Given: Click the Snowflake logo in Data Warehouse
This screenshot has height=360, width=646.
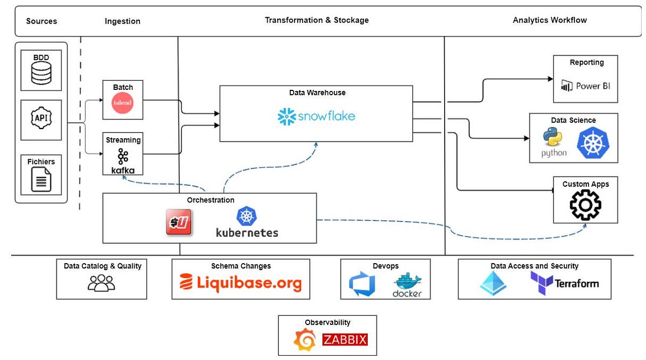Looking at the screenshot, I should tap(316, 116).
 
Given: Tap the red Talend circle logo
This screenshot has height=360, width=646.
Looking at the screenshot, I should tap(122, 103).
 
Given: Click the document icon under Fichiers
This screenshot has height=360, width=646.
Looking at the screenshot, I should tap(41, 180).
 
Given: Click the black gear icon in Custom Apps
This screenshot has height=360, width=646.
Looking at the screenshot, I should tap(585, 205).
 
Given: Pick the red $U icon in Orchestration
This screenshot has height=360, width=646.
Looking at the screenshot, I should tap(179, 222).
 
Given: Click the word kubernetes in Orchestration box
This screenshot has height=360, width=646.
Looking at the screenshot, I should tap(247, 232).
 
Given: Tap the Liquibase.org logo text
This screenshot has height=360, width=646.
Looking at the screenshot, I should tap(241, 283).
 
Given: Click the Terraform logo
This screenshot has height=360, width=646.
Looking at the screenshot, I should tap(564, 283).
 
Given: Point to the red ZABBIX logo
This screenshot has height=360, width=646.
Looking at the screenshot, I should tap(345, 340).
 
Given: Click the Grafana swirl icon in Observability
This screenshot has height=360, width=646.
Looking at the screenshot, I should tap(305, 340).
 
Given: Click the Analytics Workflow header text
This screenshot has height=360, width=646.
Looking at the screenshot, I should tap(550, 20).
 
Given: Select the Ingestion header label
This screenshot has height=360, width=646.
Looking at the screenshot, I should tap(122, 22).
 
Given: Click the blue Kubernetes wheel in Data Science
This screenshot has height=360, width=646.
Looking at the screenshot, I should tap(593, 143).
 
